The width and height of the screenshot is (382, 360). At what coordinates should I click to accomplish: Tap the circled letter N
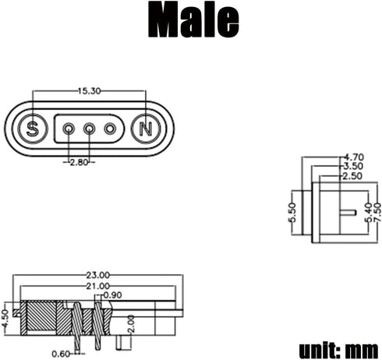click(x=146, y=129)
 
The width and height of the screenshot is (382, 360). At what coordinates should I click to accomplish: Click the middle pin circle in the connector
click(x=90, y=129)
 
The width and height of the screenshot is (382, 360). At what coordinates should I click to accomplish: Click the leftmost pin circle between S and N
click(x=69, y=129)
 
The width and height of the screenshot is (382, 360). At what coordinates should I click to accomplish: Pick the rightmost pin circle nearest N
click(x=110, y=129)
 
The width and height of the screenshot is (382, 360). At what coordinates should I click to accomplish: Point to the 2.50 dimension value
click(x=353, y=177)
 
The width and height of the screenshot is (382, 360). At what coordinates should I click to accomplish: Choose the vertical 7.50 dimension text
click(x=377, y=211)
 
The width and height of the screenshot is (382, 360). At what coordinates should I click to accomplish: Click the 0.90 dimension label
click(x=112, y=295)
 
